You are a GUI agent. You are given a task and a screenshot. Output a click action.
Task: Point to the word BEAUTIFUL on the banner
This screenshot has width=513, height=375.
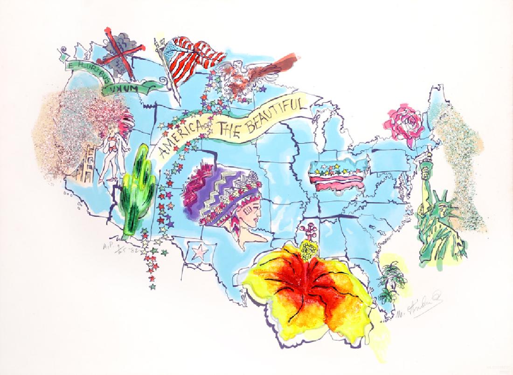[x=275, y=115]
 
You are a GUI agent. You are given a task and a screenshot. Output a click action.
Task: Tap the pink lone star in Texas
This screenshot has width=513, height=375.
[x=200, y=252]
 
